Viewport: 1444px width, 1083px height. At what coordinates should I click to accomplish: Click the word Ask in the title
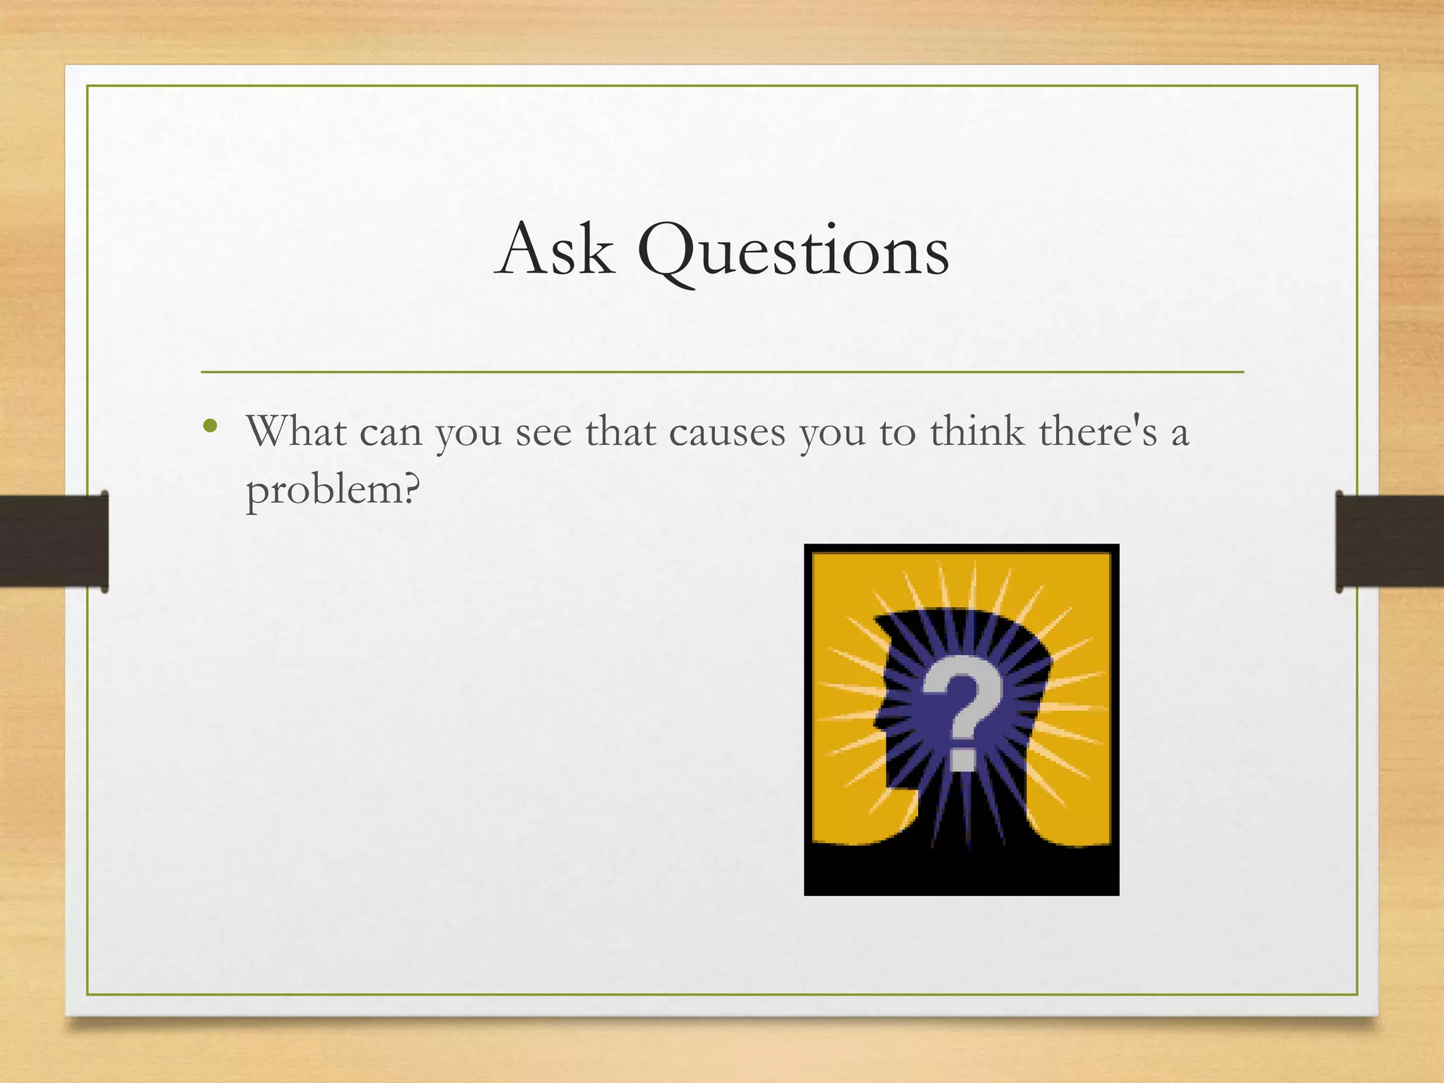(554, 250)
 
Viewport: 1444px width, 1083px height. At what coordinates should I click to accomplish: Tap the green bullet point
(209, 425)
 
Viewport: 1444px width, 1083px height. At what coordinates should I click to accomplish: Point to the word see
(544, 432)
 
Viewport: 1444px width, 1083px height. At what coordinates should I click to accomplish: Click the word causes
(727, 432)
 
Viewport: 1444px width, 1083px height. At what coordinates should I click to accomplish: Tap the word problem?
(332, 490)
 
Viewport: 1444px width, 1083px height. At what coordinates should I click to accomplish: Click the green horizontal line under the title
(722, 372)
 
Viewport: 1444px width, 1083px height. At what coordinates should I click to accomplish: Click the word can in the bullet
(391, 432)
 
